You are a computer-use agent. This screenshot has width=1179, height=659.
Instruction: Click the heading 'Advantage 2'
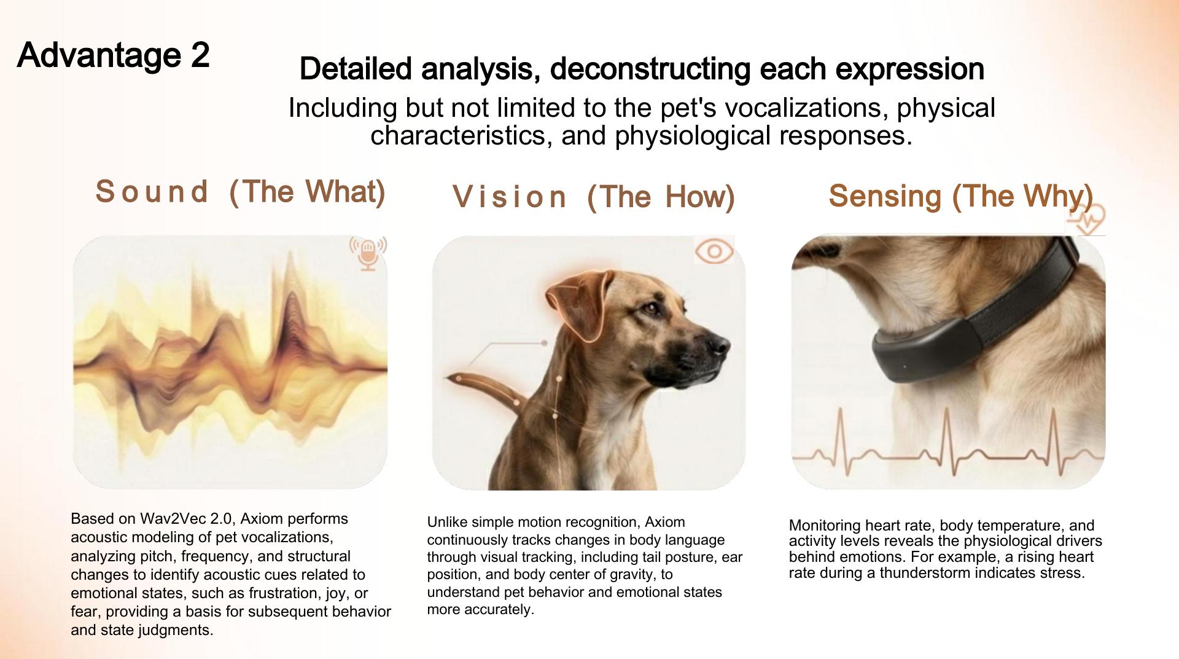(114, 55)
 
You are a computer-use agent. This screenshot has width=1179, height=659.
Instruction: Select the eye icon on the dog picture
(714, 251)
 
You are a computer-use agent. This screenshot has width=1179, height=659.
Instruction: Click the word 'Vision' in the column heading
(509, 197)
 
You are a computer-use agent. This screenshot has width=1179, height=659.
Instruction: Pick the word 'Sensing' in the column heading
(885, 196)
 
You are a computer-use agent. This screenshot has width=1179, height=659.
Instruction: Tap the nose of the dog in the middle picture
(718, 344)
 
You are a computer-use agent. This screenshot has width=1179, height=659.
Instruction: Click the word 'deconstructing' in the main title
(647, 69)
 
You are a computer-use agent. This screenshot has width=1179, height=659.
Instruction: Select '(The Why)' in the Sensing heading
(1022, 196)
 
